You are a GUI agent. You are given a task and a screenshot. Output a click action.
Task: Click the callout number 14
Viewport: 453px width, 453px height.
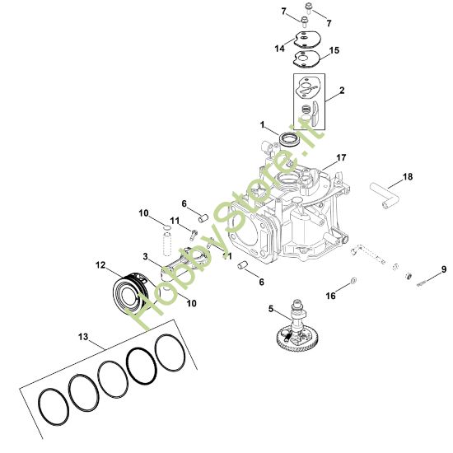pos(280,49)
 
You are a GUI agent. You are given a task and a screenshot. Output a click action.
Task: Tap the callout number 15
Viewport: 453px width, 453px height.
pos(334,50)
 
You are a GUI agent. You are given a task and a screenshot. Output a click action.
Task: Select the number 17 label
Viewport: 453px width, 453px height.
pos(341,156)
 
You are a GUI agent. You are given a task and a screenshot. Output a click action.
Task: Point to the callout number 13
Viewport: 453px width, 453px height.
pos(82,336)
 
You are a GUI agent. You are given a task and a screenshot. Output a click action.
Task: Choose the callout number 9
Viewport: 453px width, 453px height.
pos(443,269)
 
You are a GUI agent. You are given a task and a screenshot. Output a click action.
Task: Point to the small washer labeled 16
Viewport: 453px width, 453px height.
pos(353,282)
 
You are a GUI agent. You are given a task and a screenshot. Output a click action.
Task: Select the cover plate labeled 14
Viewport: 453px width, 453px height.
pos(308,38)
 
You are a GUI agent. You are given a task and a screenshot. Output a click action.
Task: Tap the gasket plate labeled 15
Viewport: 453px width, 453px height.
pos(309,57)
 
